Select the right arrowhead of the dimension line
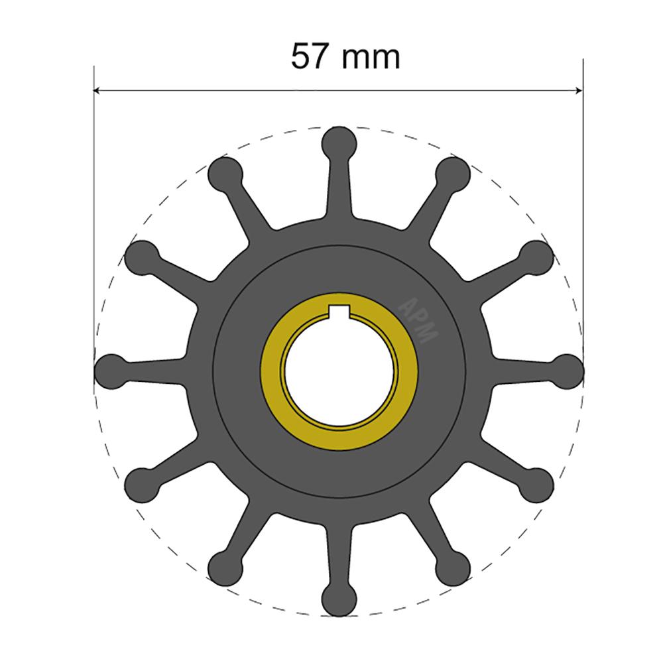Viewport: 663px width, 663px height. pos(579,90)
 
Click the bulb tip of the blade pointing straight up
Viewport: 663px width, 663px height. pos(339,141)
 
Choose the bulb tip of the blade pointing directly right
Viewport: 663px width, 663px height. pos(568,369)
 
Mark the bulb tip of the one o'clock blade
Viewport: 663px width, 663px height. pos(453,172)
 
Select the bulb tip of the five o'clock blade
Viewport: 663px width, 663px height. pos(453,566)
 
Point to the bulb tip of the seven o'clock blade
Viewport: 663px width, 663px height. pos(225,566)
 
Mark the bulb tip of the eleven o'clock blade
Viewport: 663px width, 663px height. pos(225,172)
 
